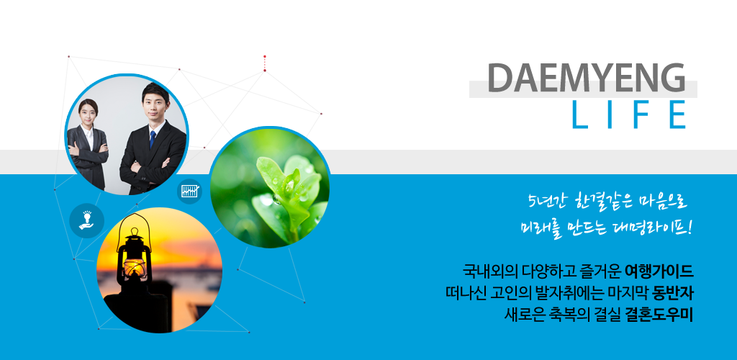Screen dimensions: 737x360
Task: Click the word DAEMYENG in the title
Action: tap(586, 78)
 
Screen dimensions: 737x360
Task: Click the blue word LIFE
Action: tap(629, 114)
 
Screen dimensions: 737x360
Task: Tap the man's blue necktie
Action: tap(153, 140)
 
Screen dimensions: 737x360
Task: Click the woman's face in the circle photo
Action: tap(88, 112)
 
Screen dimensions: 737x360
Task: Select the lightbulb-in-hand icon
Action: tap(86, 220)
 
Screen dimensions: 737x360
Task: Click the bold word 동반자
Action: tap(673, 293)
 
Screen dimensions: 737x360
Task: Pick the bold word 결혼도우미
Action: tap(659, 315)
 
